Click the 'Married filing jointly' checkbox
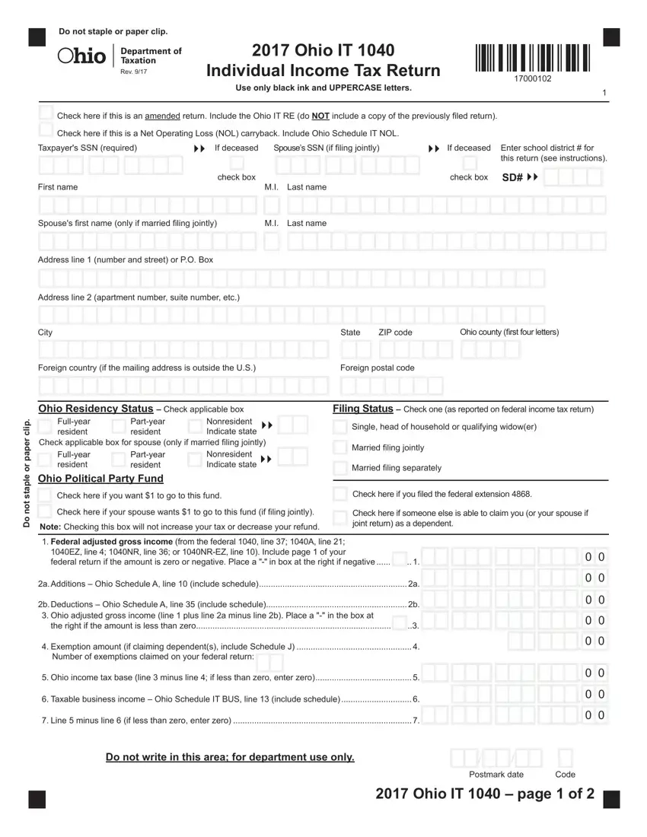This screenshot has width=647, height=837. pos(339,447)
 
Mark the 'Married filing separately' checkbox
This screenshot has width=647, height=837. pos(339,467)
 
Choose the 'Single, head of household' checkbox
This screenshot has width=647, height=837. pos(339,427)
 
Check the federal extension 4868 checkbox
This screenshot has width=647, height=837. pos(340,493)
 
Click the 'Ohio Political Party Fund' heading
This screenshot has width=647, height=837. pos(100,479)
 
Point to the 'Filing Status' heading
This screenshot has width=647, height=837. pos(362,409)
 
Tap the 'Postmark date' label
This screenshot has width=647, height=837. pos(496,775)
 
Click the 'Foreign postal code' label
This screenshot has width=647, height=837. pos(378,368)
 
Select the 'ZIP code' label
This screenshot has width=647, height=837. pos(395,333)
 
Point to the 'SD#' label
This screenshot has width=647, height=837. pos(512,177)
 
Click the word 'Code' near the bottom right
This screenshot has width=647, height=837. pos(566,775)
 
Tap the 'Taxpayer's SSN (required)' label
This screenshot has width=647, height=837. pos(88,148)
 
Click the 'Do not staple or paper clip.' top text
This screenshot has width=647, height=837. pos(113,31)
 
